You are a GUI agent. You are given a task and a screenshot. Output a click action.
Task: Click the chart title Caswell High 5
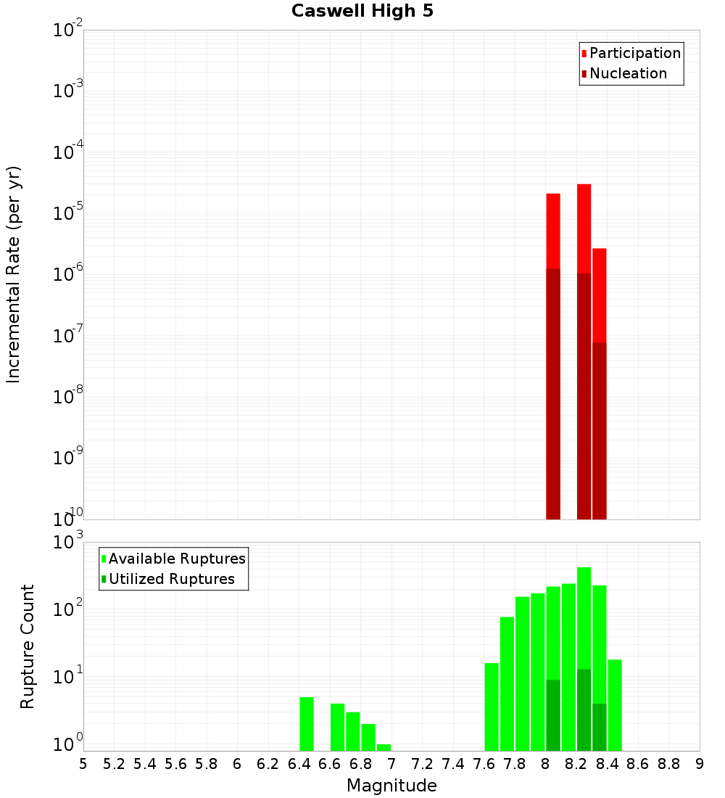[362, 12]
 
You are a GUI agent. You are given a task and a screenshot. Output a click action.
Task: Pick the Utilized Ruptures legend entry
[171, 579]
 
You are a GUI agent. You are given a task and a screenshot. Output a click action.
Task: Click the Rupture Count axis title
[28, 646]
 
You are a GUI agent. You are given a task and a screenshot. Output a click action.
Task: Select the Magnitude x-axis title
[391, 786]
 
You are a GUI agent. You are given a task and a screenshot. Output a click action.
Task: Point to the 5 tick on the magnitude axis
[83, 764]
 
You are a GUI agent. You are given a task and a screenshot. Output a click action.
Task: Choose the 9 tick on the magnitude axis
[700, 764]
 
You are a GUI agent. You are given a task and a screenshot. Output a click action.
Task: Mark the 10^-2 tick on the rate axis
[68, 30]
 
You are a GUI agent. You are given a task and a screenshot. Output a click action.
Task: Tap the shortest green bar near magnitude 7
[384, 747]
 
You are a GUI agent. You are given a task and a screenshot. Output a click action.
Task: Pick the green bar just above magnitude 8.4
[615, 705]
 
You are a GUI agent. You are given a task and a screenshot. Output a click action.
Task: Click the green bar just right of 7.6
[492, 707]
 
